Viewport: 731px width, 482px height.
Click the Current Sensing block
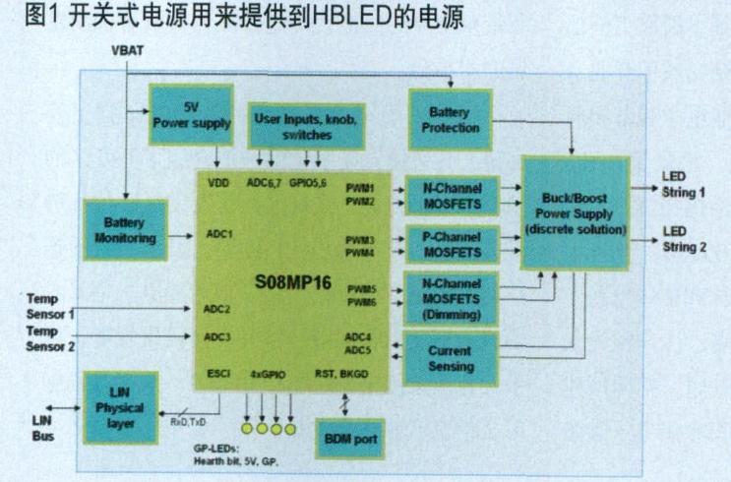pyautogui.click(x=450, y=358)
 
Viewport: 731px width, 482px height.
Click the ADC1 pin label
pyautogui.click(x=220, y=234)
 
